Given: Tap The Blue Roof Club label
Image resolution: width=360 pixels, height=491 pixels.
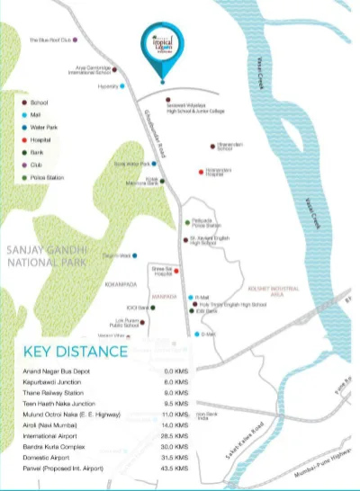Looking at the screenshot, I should pyautogui.click(x=49, y=40).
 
